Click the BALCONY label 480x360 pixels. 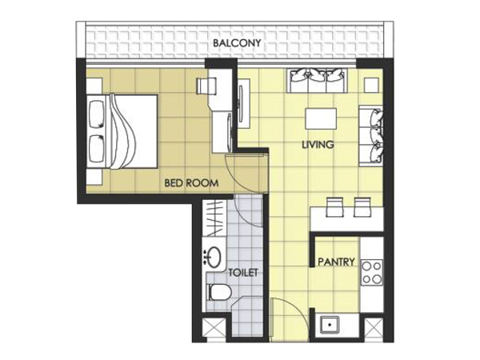pyautogui.click(x=237, y=43)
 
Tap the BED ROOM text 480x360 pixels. pyautogui.click(x=191, y=183)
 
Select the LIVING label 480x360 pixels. pyautogui.click(x=318, y=145)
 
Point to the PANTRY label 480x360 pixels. pyautogui.click(x=336, y=262)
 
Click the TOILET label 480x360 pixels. pyautogui.click(x=243, y=273)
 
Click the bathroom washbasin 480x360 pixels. pyautogui.click(x=214, y=256)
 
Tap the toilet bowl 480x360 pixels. pyautogui.click(x=219, y=292)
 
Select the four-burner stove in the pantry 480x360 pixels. pyautogui.click(x=372, y=273)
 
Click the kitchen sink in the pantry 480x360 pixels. pyautogui.click(x=330, y=325)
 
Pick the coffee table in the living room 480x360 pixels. pyautogui.click(x=321, y=118)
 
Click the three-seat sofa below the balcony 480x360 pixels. pyautogui.click(x=317, y=81)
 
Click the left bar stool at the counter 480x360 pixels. pyautogui.click(x=334, y=207)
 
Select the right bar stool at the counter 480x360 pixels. pyautogui.click(x=362, y=207)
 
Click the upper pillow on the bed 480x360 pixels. pyautogui.click(x=96, y=113)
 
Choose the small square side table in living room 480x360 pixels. pyautogui.click(x=372, y=85)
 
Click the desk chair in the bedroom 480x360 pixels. pyautogui.click(x=206, y=86)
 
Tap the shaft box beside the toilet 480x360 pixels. pyautogui.click(x=214, y=327)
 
